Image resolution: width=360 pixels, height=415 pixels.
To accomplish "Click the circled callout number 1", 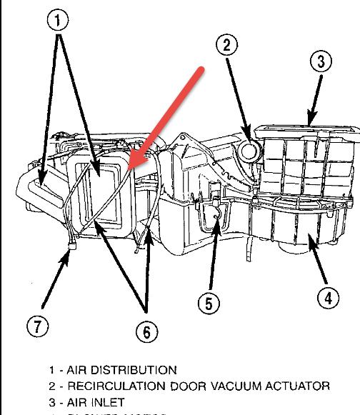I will pos(60,21).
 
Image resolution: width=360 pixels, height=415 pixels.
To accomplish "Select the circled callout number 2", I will pos(227,46).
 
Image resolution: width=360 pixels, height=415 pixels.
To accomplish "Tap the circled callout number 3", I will pos(321,61).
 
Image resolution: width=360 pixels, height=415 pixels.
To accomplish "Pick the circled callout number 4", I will pos(327,299).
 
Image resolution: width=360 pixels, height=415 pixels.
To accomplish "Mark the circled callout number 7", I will pos(39,326).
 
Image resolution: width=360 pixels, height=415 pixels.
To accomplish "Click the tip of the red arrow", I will pos(131,171).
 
